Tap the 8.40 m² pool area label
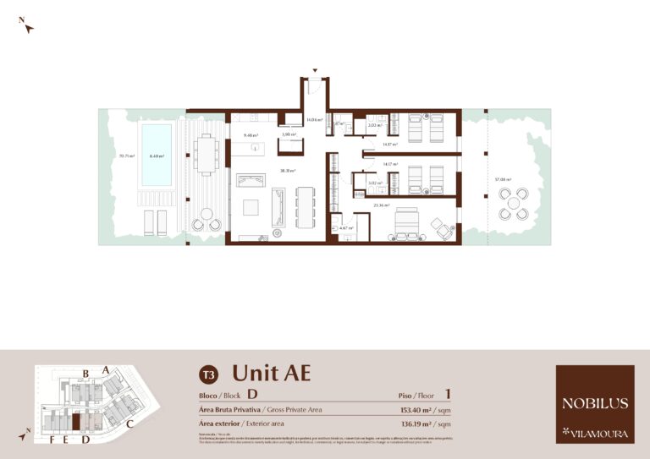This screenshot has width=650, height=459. pyautogui.click(x=157, y=156)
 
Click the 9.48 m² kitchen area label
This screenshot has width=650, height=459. pyautogui.click(x=250, y=134)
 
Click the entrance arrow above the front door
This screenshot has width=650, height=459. pyautogui.click(x=315, y=71)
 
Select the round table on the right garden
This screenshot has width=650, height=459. pyautogui.click(x=513, y=204)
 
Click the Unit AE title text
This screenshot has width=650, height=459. pyautogui.click(x=271, y=373)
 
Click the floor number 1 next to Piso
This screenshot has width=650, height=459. pyautogui.click(x=447, y=393)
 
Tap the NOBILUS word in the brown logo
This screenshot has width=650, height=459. pyautogui.click(x=594, y=403)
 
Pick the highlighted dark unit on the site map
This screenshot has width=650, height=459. pyautogui.click(x=74, y=421)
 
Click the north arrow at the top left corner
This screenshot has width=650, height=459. pyautogui.click(x=28, y=26)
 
